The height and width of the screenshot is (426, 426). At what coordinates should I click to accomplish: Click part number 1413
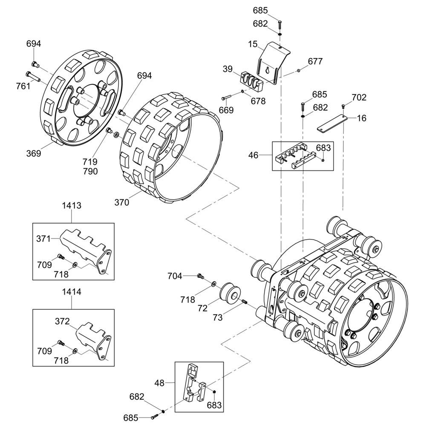[72, 205]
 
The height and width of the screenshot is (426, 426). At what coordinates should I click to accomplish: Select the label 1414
[72, 292]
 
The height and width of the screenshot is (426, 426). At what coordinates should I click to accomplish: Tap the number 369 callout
[34, 153]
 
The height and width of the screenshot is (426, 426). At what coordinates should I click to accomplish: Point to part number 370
[122, 202]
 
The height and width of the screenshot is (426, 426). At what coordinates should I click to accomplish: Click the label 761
[23, 86]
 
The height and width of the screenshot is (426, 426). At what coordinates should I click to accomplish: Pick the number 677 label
[315, 61]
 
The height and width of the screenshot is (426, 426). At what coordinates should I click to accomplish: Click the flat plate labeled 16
[332, 124]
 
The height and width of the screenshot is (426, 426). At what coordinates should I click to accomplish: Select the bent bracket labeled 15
[273, 63]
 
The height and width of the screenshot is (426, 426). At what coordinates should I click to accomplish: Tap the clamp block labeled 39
[252, 81]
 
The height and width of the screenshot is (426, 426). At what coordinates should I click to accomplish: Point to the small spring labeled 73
[244, 302]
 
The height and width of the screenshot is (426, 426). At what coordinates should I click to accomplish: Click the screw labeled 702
[343, 105]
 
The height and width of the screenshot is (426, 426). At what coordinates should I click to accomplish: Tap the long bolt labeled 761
[33, 76]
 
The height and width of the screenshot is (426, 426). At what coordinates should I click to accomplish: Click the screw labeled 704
[201, 276]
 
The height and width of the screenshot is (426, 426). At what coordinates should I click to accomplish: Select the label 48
[159, 383]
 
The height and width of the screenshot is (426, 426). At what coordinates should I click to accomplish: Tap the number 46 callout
[253, 155]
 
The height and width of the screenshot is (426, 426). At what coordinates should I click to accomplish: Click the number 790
[90, 171]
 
